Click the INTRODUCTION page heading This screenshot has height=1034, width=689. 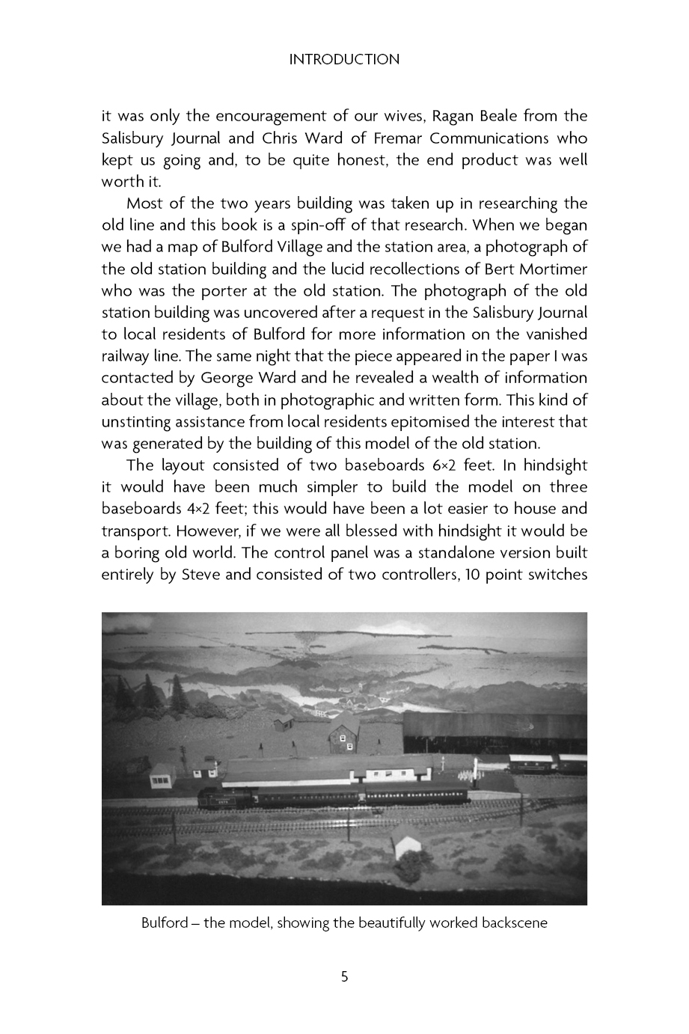point(344,59)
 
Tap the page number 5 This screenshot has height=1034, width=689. point(344,976)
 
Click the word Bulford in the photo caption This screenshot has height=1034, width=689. point(164,923)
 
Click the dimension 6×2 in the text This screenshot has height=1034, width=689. point(434,465)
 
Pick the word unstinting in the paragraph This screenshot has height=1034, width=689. point(141,421)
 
